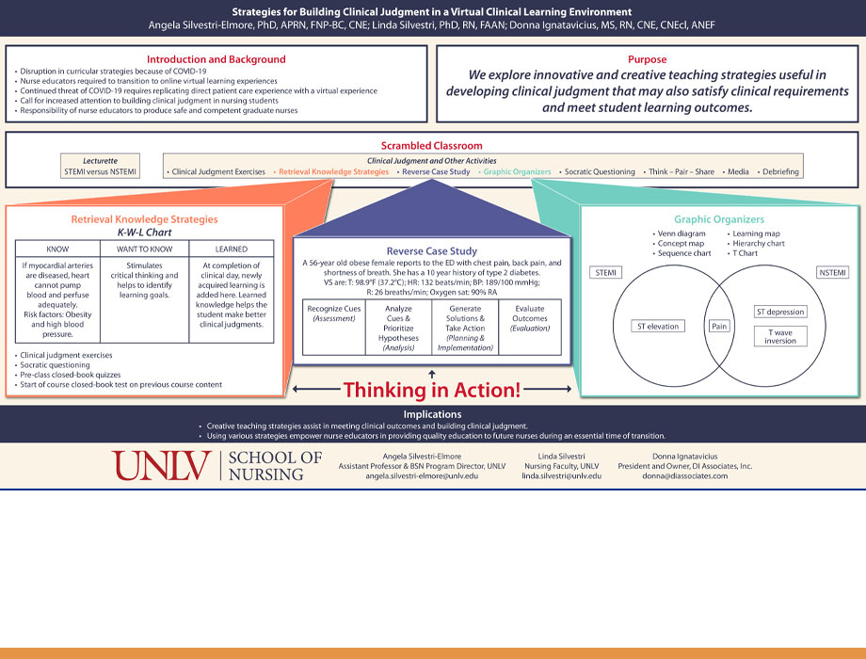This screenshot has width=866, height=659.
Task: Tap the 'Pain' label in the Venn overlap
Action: pyautogui.click(x=720, y=326)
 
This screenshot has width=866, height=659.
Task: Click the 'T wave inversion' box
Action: pyautogui.click(x=780, y=336)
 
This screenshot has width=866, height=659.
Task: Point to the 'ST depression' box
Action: pyautogui.click(x=780, y=312)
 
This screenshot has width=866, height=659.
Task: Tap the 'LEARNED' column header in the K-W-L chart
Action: pyautogui.click(x=232, y=249)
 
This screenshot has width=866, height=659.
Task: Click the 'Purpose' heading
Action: pyautogui.click(x=647, y=58)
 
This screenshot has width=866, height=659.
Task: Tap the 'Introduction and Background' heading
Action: pyautogui.click(x=216, y=59)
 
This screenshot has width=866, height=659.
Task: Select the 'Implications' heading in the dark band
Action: pyautogui.click(x=432, y=413)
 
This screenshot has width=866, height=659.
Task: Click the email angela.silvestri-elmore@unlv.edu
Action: pyautogui.click(x=422, y=476)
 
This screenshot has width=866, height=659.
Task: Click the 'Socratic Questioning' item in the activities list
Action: pyautogui.click(x=600, y=172)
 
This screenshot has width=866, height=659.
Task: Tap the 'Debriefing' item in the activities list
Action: pyautogui.click(x=779, y=172)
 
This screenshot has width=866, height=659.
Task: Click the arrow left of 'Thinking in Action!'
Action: pyautogui.click(x=313, y=388)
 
